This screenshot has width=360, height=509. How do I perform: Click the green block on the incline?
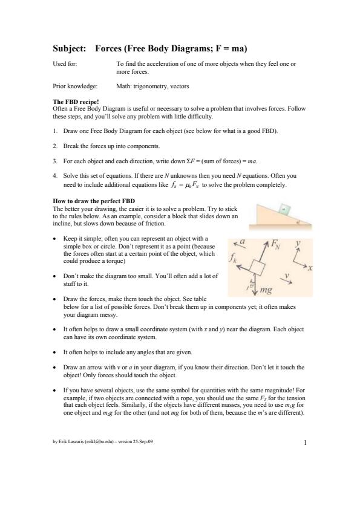tap(285, 209)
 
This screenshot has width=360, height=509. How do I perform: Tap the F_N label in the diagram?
tap(276, 244)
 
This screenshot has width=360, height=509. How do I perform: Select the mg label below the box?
tap(266, 290)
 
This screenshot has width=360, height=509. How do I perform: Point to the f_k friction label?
tap(233, 258)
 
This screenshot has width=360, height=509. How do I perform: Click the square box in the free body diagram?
tap(258, 267)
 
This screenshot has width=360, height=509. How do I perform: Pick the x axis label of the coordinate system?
tap(310, 268)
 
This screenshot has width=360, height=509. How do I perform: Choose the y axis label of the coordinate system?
tap(298, 244)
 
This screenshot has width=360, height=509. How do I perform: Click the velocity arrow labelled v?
tap(286, 281)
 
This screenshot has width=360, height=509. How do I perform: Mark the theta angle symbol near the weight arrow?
tap(252, 284)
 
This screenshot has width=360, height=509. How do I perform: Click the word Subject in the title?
tap(70, 49)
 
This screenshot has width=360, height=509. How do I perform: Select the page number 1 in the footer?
tap(305, 443)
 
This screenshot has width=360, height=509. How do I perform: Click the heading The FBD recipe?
tap(76, 102)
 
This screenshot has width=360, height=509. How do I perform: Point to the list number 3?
tap(55, 161)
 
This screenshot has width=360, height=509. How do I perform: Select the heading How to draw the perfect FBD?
tap(94, 201)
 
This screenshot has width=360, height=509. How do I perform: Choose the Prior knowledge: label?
tap(75, 86)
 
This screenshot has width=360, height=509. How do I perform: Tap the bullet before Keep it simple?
tap(54, 239)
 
